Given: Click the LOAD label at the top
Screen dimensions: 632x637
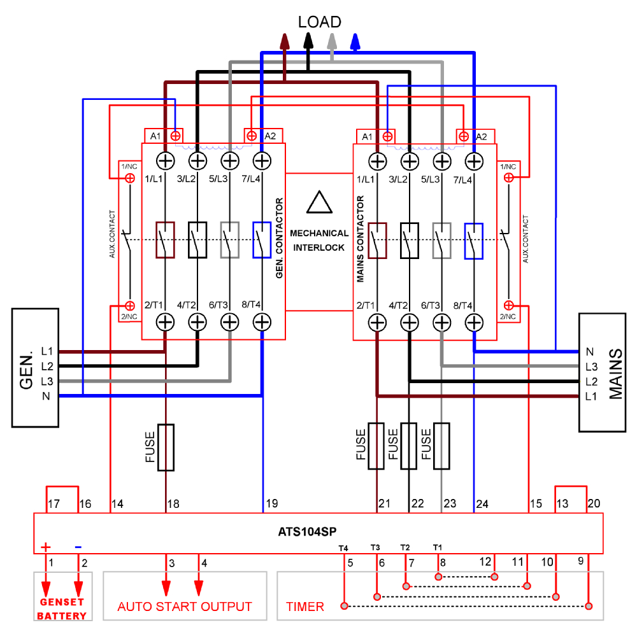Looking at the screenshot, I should point(319,22).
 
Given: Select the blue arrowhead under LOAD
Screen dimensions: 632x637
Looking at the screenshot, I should point(356,41).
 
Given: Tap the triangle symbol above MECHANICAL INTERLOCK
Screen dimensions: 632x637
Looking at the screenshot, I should point(319,202).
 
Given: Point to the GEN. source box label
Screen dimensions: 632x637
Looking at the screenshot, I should point(27,371).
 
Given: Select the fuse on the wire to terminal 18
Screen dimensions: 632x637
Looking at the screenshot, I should point(166,447).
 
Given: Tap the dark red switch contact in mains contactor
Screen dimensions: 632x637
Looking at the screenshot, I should point(378,240).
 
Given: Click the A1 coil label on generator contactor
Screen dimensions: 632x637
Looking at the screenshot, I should point(155,136).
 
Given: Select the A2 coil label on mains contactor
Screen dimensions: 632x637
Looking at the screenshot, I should point(481,136).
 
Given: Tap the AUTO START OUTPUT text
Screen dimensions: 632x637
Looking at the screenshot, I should point(185,607).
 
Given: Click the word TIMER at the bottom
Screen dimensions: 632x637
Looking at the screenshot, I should point(305,607).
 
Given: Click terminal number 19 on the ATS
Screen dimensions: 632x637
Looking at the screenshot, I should point(271,504).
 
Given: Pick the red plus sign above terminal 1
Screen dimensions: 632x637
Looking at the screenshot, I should point(46,547).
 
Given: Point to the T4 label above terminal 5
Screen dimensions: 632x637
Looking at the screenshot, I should point(344,547).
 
